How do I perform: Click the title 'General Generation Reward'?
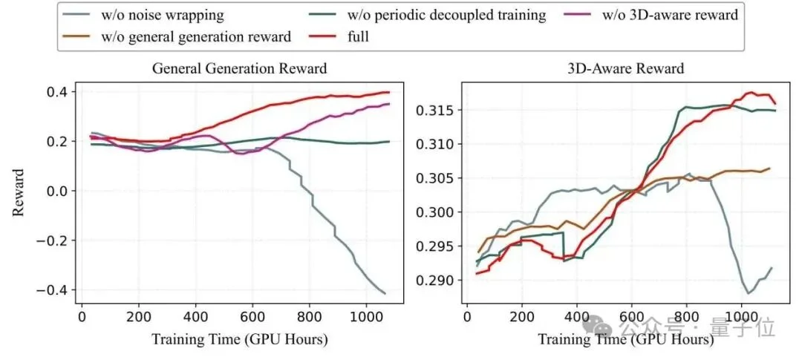coord(239,68)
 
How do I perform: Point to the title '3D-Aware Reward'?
coord(626,68)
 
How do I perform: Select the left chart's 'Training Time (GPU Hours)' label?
coord(239,338)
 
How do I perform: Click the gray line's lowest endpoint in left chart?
coord(385,293)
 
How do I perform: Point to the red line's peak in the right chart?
coord(751,93)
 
